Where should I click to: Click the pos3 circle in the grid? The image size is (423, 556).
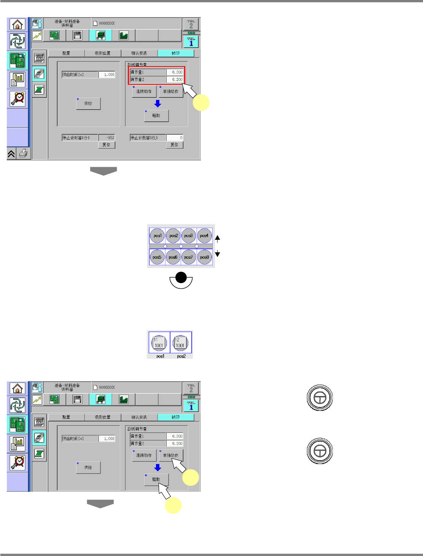click(x=189, y=236)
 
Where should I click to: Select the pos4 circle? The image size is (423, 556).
click(x=205, y=236)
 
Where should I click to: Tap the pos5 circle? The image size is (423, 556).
click(x=157, y=257)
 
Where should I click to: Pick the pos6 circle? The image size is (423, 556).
click(x=173, y=257)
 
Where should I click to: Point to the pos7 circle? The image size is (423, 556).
click(x=189, y=257)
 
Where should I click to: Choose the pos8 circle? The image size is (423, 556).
click(x=205, y=257)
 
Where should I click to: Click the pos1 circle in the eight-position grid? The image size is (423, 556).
click(x=157, y=236)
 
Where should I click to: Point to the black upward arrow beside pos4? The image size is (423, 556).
click(x=218, y=238)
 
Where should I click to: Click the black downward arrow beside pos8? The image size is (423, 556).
click(x=218, y=254)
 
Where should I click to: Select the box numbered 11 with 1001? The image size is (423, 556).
click(x=159, y=343)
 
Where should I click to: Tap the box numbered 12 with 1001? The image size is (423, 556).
click(x=180, y=343)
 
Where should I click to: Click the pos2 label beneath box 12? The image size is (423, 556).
click(x=181, y=356)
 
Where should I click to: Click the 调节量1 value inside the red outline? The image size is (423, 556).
click(x=175, y=72)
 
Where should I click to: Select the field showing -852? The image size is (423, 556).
click(x=107, y=138)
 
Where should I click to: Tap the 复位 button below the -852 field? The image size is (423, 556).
click(x=107, y=145)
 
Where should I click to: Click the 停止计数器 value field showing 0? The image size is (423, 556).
click(x=175, y=138)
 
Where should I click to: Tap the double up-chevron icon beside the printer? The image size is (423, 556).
click(x=11, y=154)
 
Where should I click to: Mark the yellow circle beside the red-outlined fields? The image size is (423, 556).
click(x=201, y=103)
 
